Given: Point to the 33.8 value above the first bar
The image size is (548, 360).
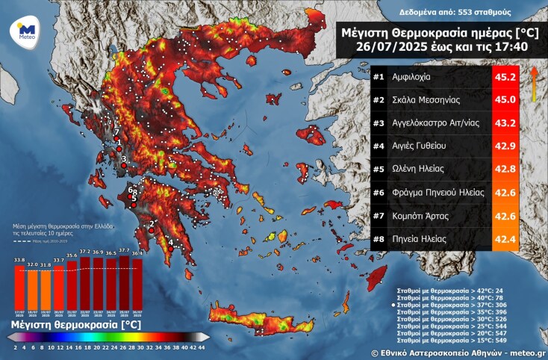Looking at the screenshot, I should pyautogui.click(x=19, y=260).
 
